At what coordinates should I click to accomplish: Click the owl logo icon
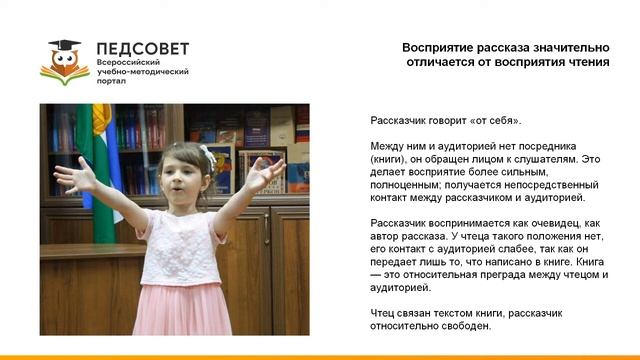point(64,61)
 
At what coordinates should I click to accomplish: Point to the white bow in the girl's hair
point(207,155)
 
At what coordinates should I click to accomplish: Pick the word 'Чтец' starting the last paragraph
point(383,313)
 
